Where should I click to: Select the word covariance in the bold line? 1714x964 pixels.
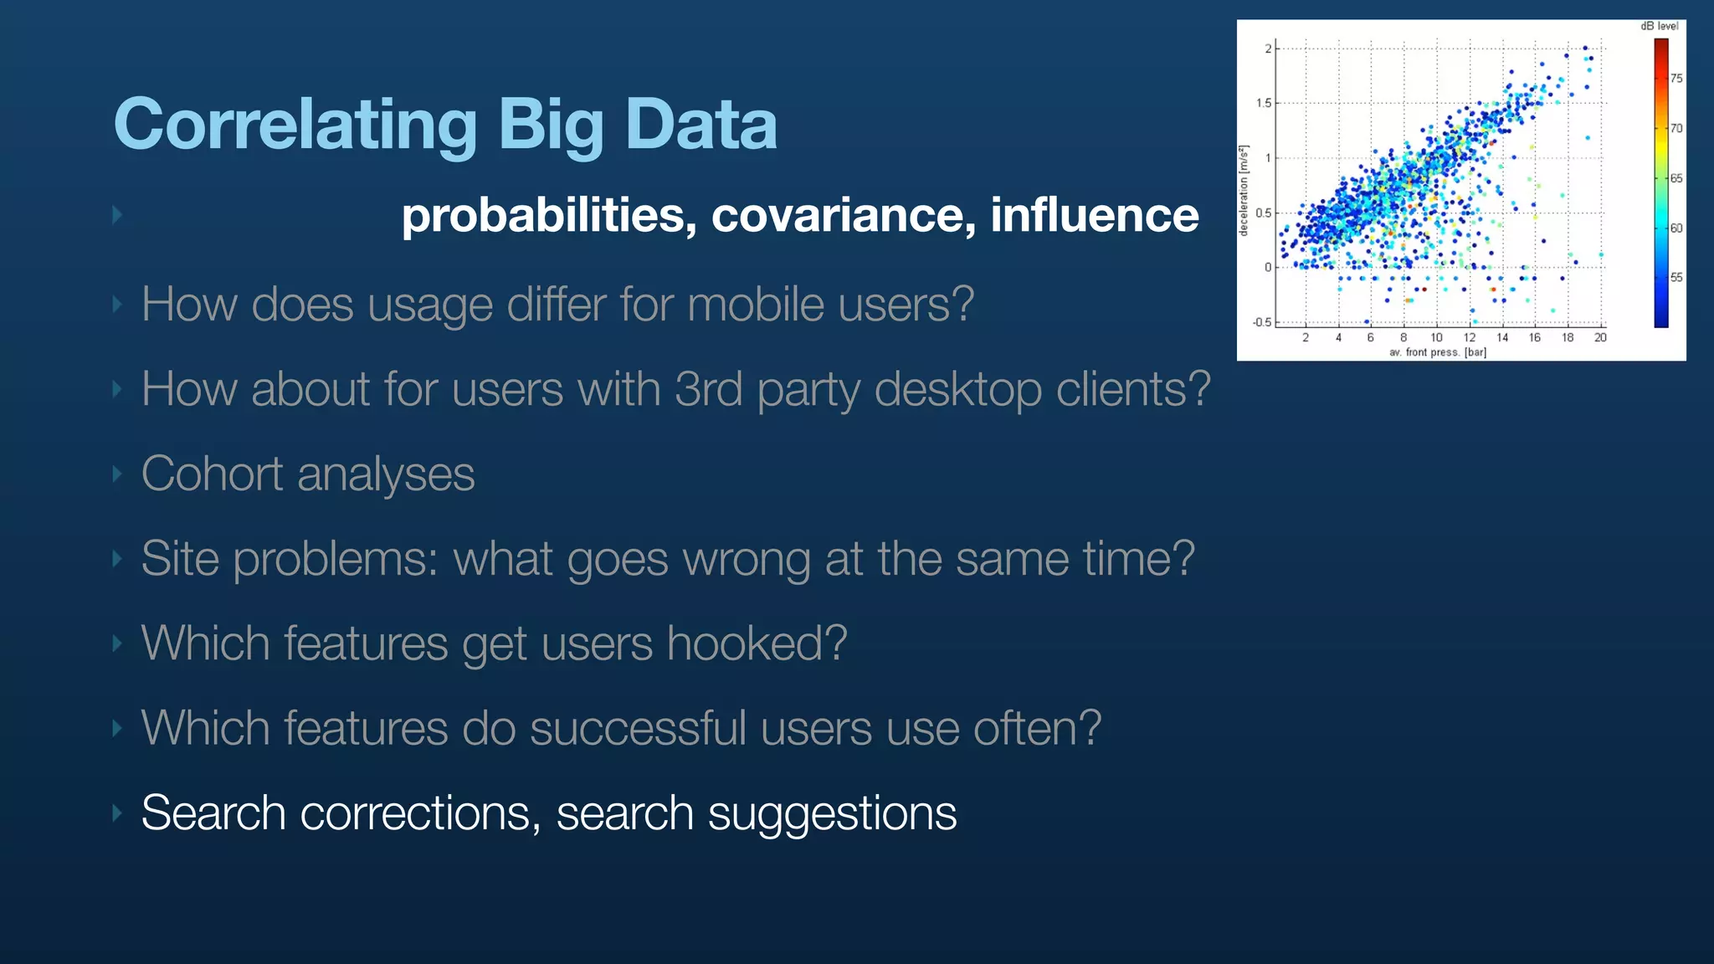click(843, 215)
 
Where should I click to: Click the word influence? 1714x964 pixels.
click(1094, 215)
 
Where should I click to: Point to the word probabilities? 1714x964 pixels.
click(549, 215)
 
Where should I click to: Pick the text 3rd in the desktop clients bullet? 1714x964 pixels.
click(708, 389)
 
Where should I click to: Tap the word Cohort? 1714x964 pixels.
click(212, 474)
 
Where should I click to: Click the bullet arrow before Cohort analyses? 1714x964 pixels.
click(117, 474)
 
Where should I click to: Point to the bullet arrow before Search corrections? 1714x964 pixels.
click(117, 813)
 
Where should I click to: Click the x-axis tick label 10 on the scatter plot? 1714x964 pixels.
click(1436, 338)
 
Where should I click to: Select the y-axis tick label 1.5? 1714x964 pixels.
click(1263, 103)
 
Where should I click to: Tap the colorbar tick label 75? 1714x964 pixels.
click(1676, 79)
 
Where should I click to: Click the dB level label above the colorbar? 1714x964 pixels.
click(1659, 26)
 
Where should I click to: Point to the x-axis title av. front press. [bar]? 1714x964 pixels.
click(1437, 352)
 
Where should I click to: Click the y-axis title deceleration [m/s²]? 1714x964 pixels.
click(1244, 191)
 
